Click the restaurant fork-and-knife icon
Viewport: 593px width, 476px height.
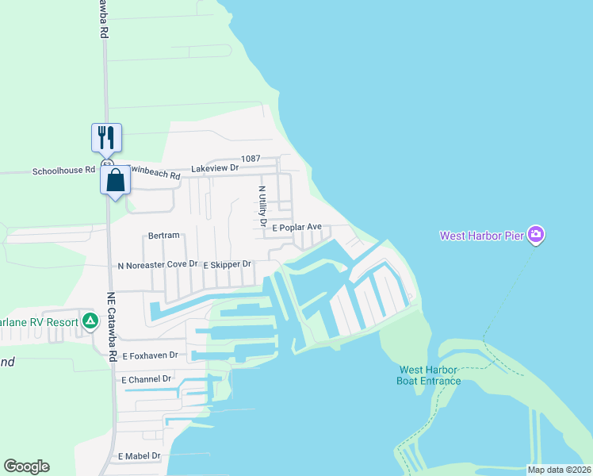(x=105, y=138)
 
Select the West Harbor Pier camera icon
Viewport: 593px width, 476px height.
(x=536, y=235)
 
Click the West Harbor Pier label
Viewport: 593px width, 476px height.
(x=483, y=236)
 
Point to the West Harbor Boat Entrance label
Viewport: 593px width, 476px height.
(x=429, y=375)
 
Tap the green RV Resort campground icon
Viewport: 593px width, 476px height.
(x=90, y=321)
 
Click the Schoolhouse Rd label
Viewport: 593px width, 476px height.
(x=63, y=171)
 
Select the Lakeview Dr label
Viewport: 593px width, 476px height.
(x=215, y=168)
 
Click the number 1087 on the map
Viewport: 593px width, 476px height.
(x=251, y=159)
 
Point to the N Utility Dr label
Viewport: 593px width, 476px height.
(x=262, y=205)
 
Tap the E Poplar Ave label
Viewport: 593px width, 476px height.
(x=296, y=228)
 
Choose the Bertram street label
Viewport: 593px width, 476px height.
(x=164, y=236)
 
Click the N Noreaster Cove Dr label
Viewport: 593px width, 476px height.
(x=157, y=264)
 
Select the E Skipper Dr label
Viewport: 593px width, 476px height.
(x=227, y=264)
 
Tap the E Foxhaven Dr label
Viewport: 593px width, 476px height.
(x=151, y=355)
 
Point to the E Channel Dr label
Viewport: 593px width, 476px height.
(x=147, y=379)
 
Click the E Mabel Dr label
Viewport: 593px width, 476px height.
(x=139, y=456)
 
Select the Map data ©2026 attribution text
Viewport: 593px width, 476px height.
(x=558, y=470)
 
